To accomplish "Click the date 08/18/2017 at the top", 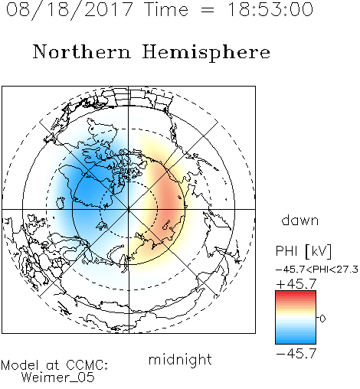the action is pyautogui.click(x=70, y=10).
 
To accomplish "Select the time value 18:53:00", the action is pyautogui.click(x=270, y=9).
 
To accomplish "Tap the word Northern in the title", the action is pyautogui.click(x=82, y=51).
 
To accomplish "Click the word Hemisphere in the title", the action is pyautogui.click(x=206, y=53).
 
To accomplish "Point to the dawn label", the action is pyautogui.click(x=300, y=220).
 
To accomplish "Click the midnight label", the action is pyautogui.click(x=180, y=359).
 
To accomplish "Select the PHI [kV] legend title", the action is pyautogui.click(x=303, y=251).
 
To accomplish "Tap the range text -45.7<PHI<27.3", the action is pyautogui.click(x=317, y=270).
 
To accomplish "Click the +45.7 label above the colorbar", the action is pyautogui.click(x=296, y=284).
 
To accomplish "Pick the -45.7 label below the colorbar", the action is pyautogui.click(x=296, y=354).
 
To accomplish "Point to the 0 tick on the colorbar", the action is pyautogui.click(x=322, y=319).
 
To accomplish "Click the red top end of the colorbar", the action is pyautogui.click(x=296, y=293).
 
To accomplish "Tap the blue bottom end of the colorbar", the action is pyautogui.click(x=296, y=342).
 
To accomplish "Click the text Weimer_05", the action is pyautogui.click(x=58, y=378).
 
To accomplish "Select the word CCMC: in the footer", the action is pyautogui.click(x=87, y=365).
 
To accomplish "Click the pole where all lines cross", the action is pyautogui.click(x=129, y=209).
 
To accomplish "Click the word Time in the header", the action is pyautogui.click(x=166, y=9).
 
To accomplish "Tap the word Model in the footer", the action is pyautogui.click(x=20, y=365).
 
